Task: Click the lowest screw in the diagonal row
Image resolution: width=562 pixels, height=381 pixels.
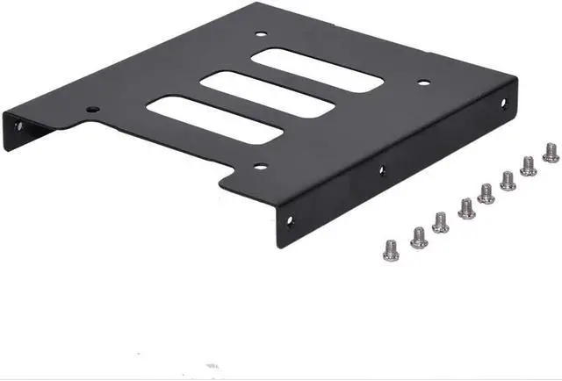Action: click(x=391, y=248)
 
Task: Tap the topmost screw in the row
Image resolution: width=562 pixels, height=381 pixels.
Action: click(x=551, y=153)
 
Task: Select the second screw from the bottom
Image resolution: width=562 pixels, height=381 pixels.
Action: click(x=418, y=235)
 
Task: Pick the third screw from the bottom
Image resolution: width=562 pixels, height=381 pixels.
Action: click(x=441, y=221)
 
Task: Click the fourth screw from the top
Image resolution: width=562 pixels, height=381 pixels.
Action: click(x=486, y=192)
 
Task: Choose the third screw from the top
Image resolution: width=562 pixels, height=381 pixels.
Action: click(x=508, y=179)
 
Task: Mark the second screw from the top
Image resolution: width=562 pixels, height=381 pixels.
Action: click(x=529, y=165)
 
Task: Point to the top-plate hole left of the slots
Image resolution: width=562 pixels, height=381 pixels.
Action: click(x=94, y=110)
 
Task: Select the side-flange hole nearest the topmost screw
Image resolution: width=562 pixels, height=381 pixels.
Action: click(x=504, y=103)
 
